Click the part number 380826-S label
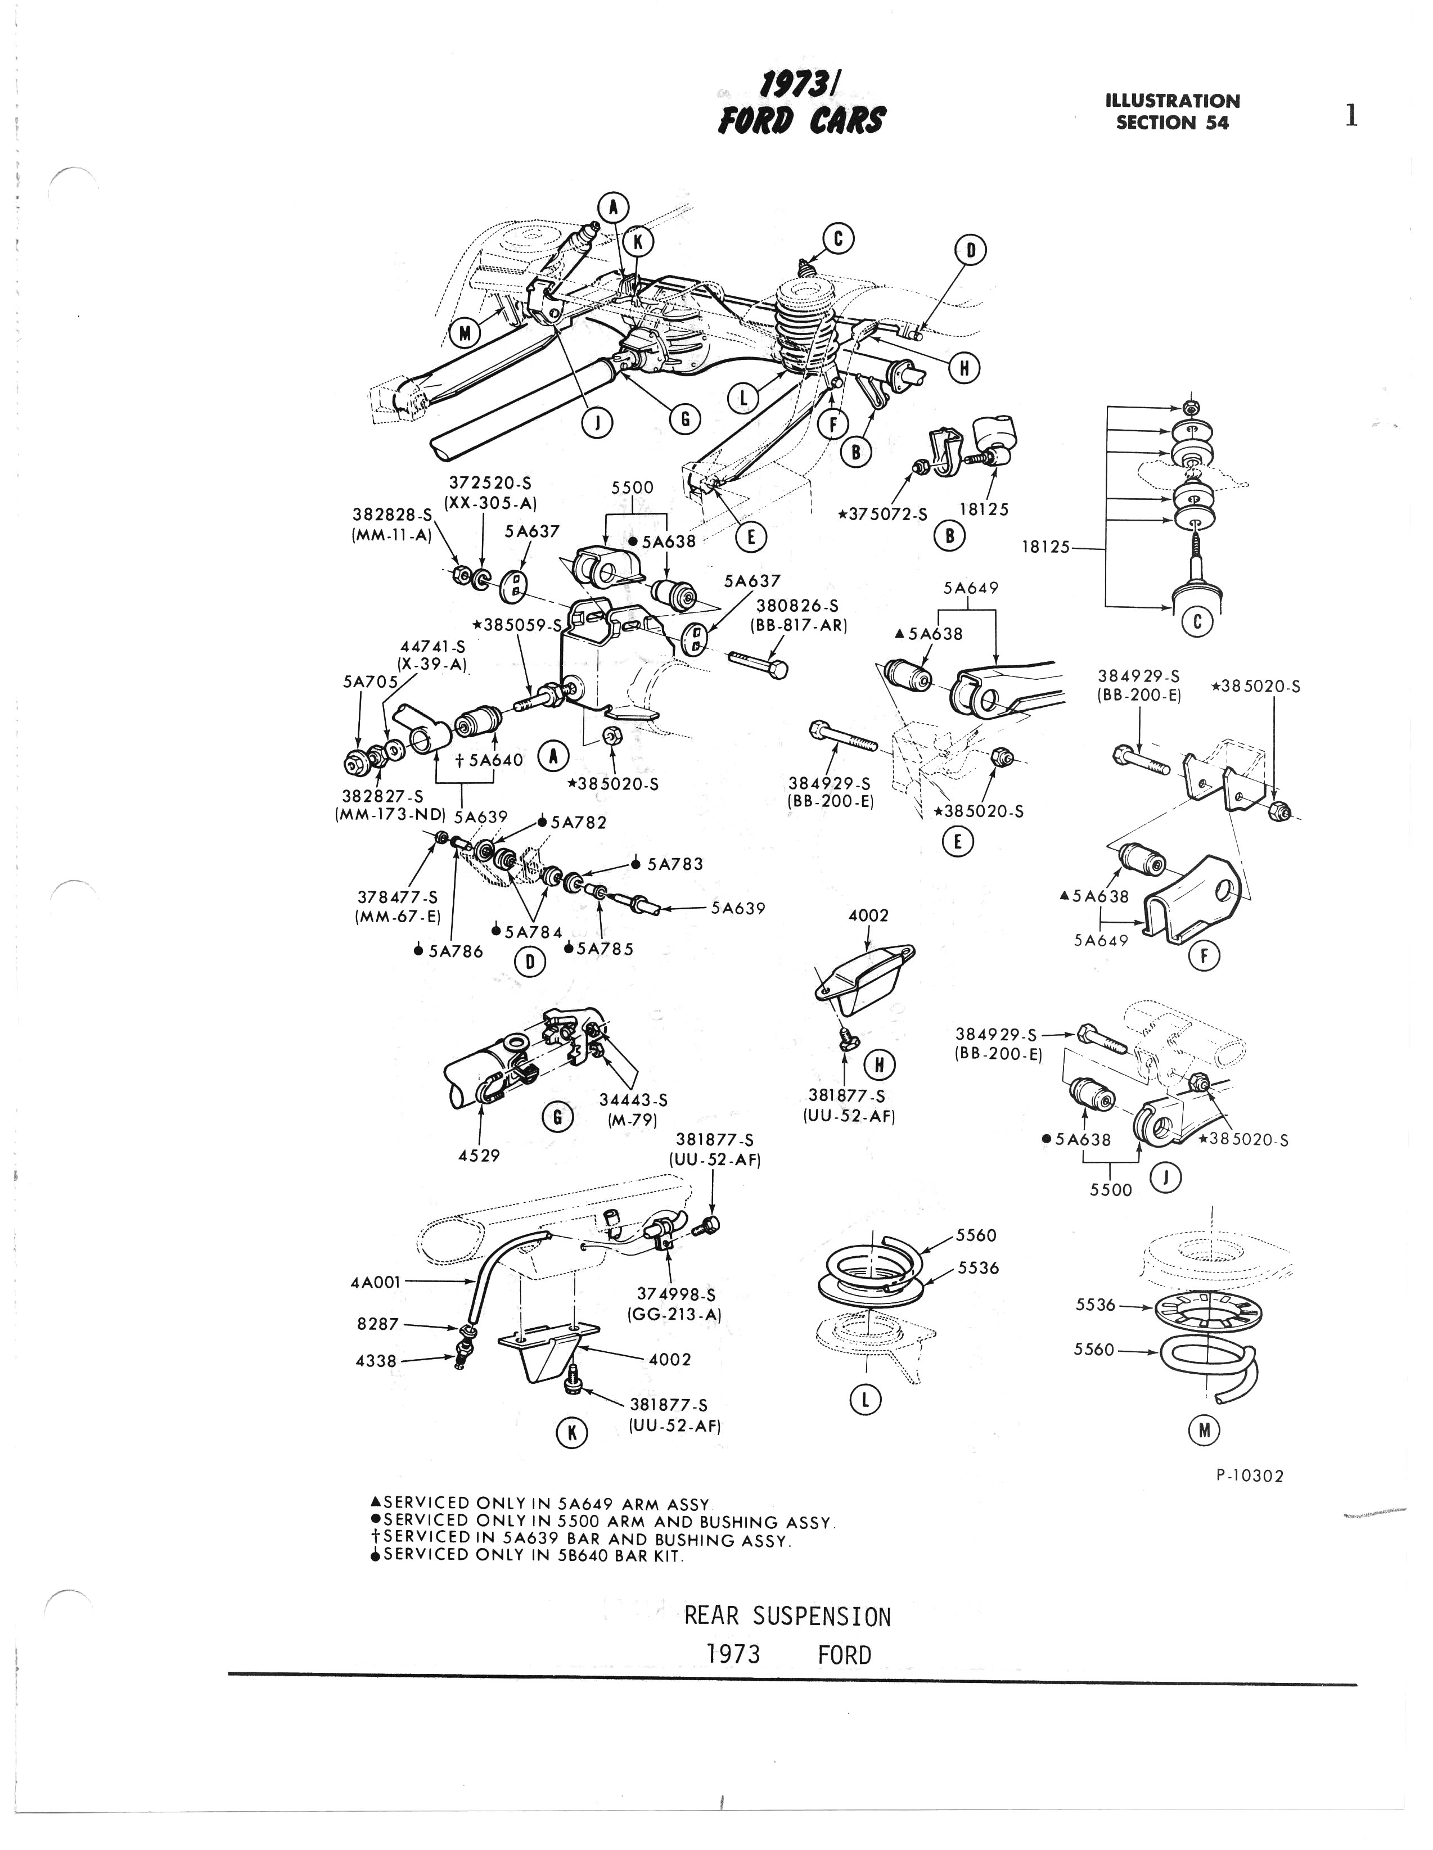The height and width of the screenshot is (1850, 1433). tap(796, 606)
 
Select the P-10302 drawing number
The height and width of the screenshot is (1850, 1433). tap(1249, 1476)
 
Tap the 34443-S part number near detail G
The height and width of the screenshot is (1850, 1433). tap(633, 1099)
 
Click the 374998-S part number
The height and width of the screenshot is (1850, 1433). tap(675, 1294)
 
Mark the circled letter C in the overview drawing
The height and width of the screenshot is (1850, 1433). tap(838, 239)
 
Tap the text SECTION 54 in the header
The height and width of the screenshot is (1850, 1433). tap(1172, 123)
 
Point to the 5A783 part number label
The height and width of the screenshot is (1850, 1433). tap(674, 864)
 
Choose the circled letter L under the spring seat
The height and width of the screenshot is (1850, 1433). tap(865, 1400)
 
